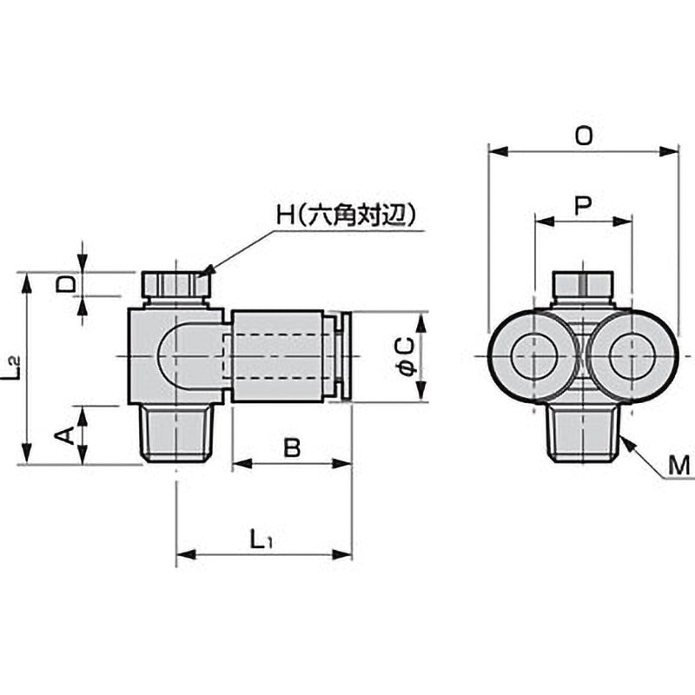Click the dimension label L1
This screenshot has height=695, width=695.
[x=261, y=539]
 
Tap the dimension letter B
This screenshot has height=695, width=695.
[x=292, y=448]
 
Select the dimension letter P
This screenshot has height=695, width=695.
[x=583, y=205]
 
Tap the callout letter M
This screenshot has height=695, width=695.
[x=679, y=467]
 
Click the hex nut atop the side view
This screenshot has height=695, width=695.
[x=176, y=285]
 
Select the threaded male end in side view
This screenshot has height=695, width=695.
[x=176, y=433]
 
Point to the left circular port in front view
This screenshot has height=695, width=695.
[x=532, y=356]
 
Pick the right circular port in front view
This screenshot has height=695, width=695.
[x=632, y=356]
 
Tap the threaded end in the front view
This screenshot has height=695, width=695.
[x=583, y=433]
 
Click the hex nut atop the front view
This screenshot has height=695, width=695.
[x=583, y=285]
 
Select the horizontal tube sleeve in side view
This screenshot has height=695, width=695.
[x=278, y=356]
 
